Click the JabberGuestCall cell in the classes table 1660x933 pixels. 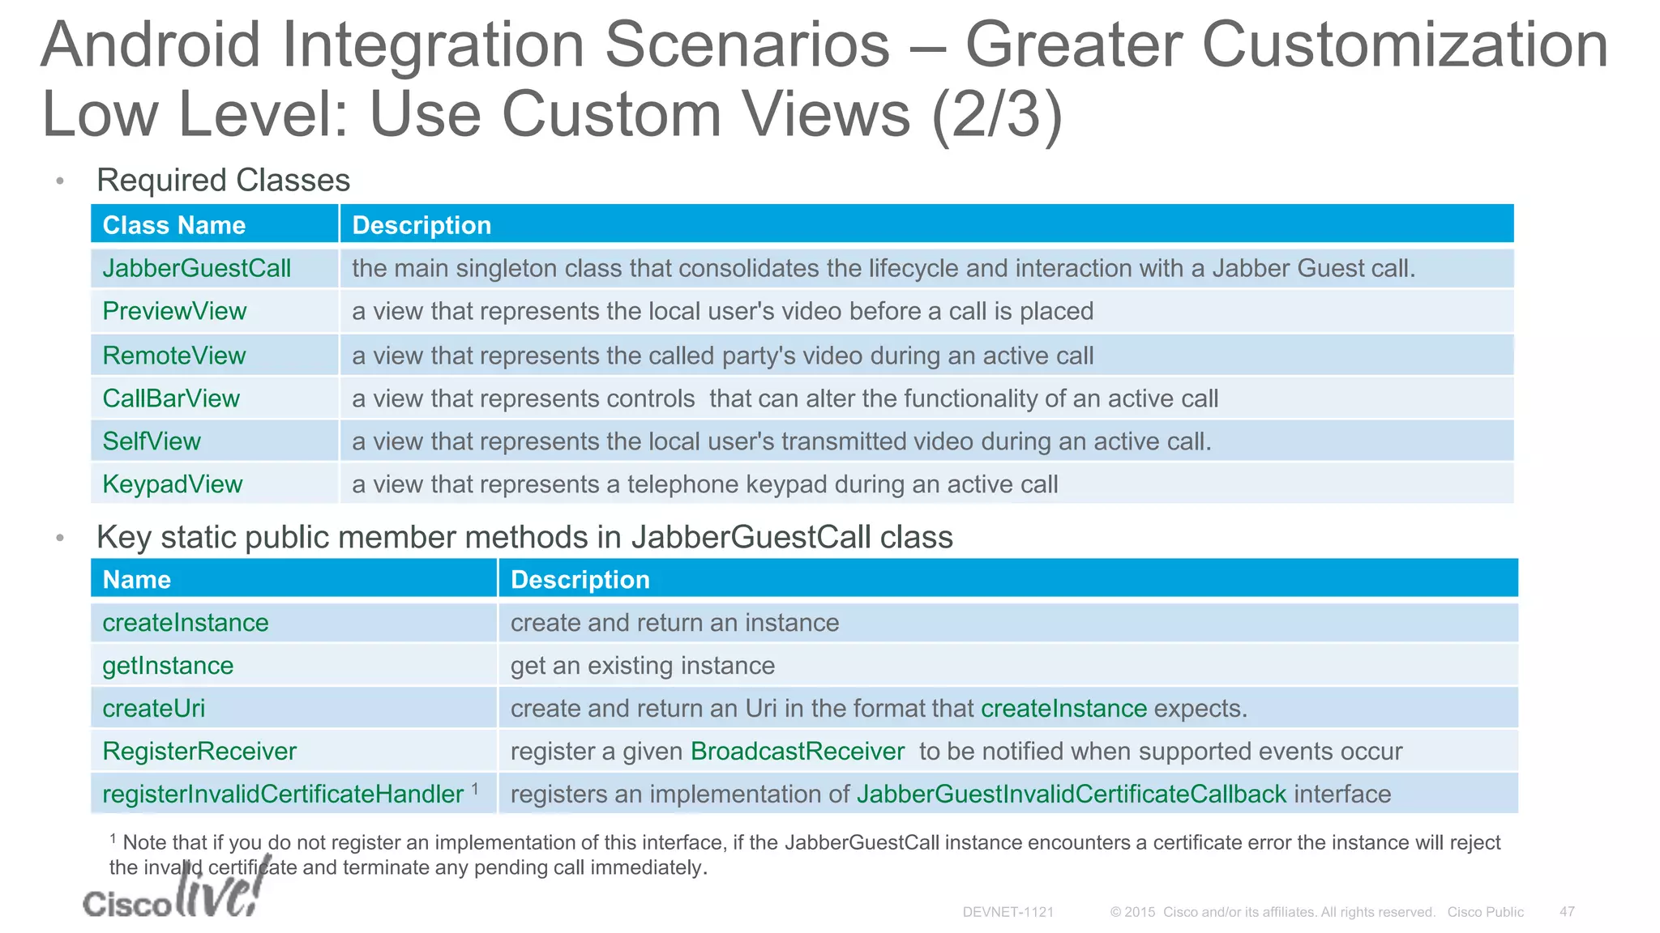(196, 268)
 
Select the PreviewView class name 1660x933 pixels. (174, 311)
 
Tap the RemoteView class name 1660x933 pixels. (173, 356)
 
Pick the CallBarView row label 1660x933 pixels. (171, 398)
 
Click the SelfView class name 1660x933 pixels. (152, 441)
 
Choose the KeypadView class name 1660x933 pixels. (172, 484)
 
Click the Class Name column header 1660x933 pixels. (173, 225)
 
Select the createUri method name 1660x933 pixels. (153, 709)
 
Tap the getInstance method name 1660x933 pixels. (168, 666)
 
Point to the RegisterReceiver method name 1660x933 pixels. (199, 752)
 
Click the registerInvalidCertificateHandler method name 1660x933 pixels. (283, 795)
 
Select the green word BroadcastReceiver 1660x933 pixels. (797, 752)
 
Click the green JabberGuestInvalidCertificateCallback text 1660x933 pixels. (1071, 795)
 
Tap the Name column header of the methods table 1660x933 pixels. (136, 580)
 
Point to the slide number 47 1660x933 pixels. (1567, 912)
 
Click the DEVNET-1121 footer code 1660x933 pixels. (1008, 912)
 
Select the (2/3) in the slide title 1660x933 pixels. (996, 115)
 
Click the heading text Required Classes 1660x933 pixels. (223, 180)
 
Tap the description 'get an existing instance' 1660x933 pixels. (642, 666)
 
